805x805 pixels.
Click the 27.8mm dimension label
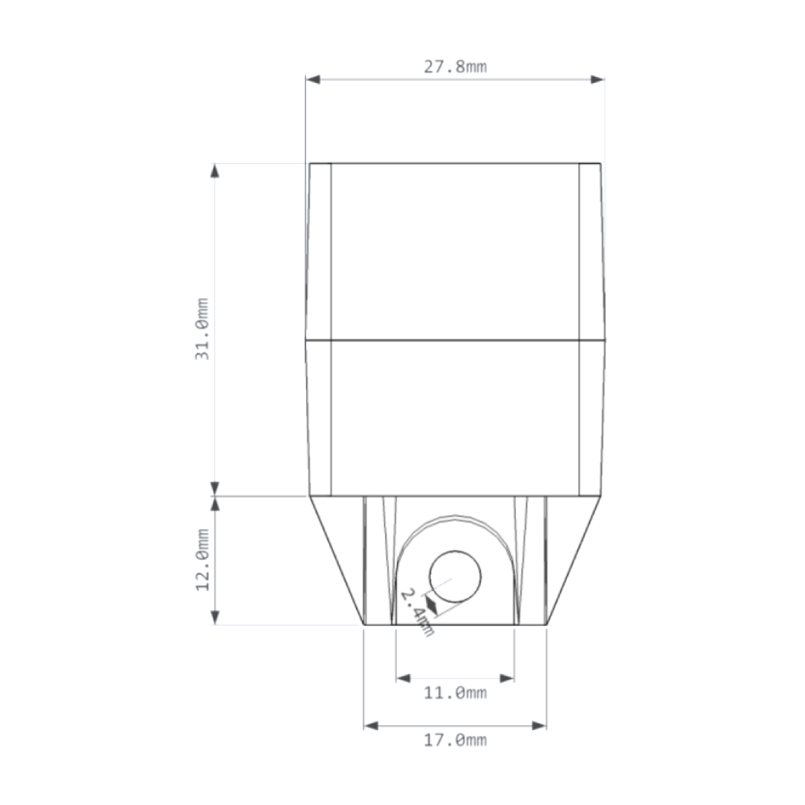(455, 66)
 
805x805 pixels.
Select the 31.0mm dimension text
(202, 329)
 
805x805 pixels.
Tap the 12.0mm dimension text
(203, 559)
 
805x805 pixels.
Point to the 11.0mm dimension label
(455, 692)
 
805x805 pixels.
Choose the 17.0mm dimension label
(455, 740)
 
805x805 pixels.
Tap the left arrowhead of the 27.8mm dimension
(313, 80)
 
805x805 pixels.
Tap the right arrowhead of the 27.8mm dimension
(597, 80)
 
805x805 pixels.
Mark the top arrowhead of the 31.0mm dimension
(215, 170)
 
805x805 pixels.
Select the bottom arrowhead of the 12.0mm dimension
(215, 617)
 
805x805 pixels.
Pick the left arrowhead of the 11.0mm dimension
(403, 678)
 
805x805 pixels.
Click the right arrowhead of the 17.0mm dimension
(539, 725)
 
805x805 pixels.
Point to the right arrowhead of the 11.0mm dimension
(507, 678)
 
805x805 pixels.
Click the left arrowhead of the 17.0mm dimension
(371, 725)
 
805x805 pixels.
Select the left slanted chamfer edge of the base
(336, 560)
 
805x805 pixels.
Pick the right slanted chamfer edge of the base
(575, 560)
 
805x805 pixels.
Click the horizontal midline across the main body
(455, 340)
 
